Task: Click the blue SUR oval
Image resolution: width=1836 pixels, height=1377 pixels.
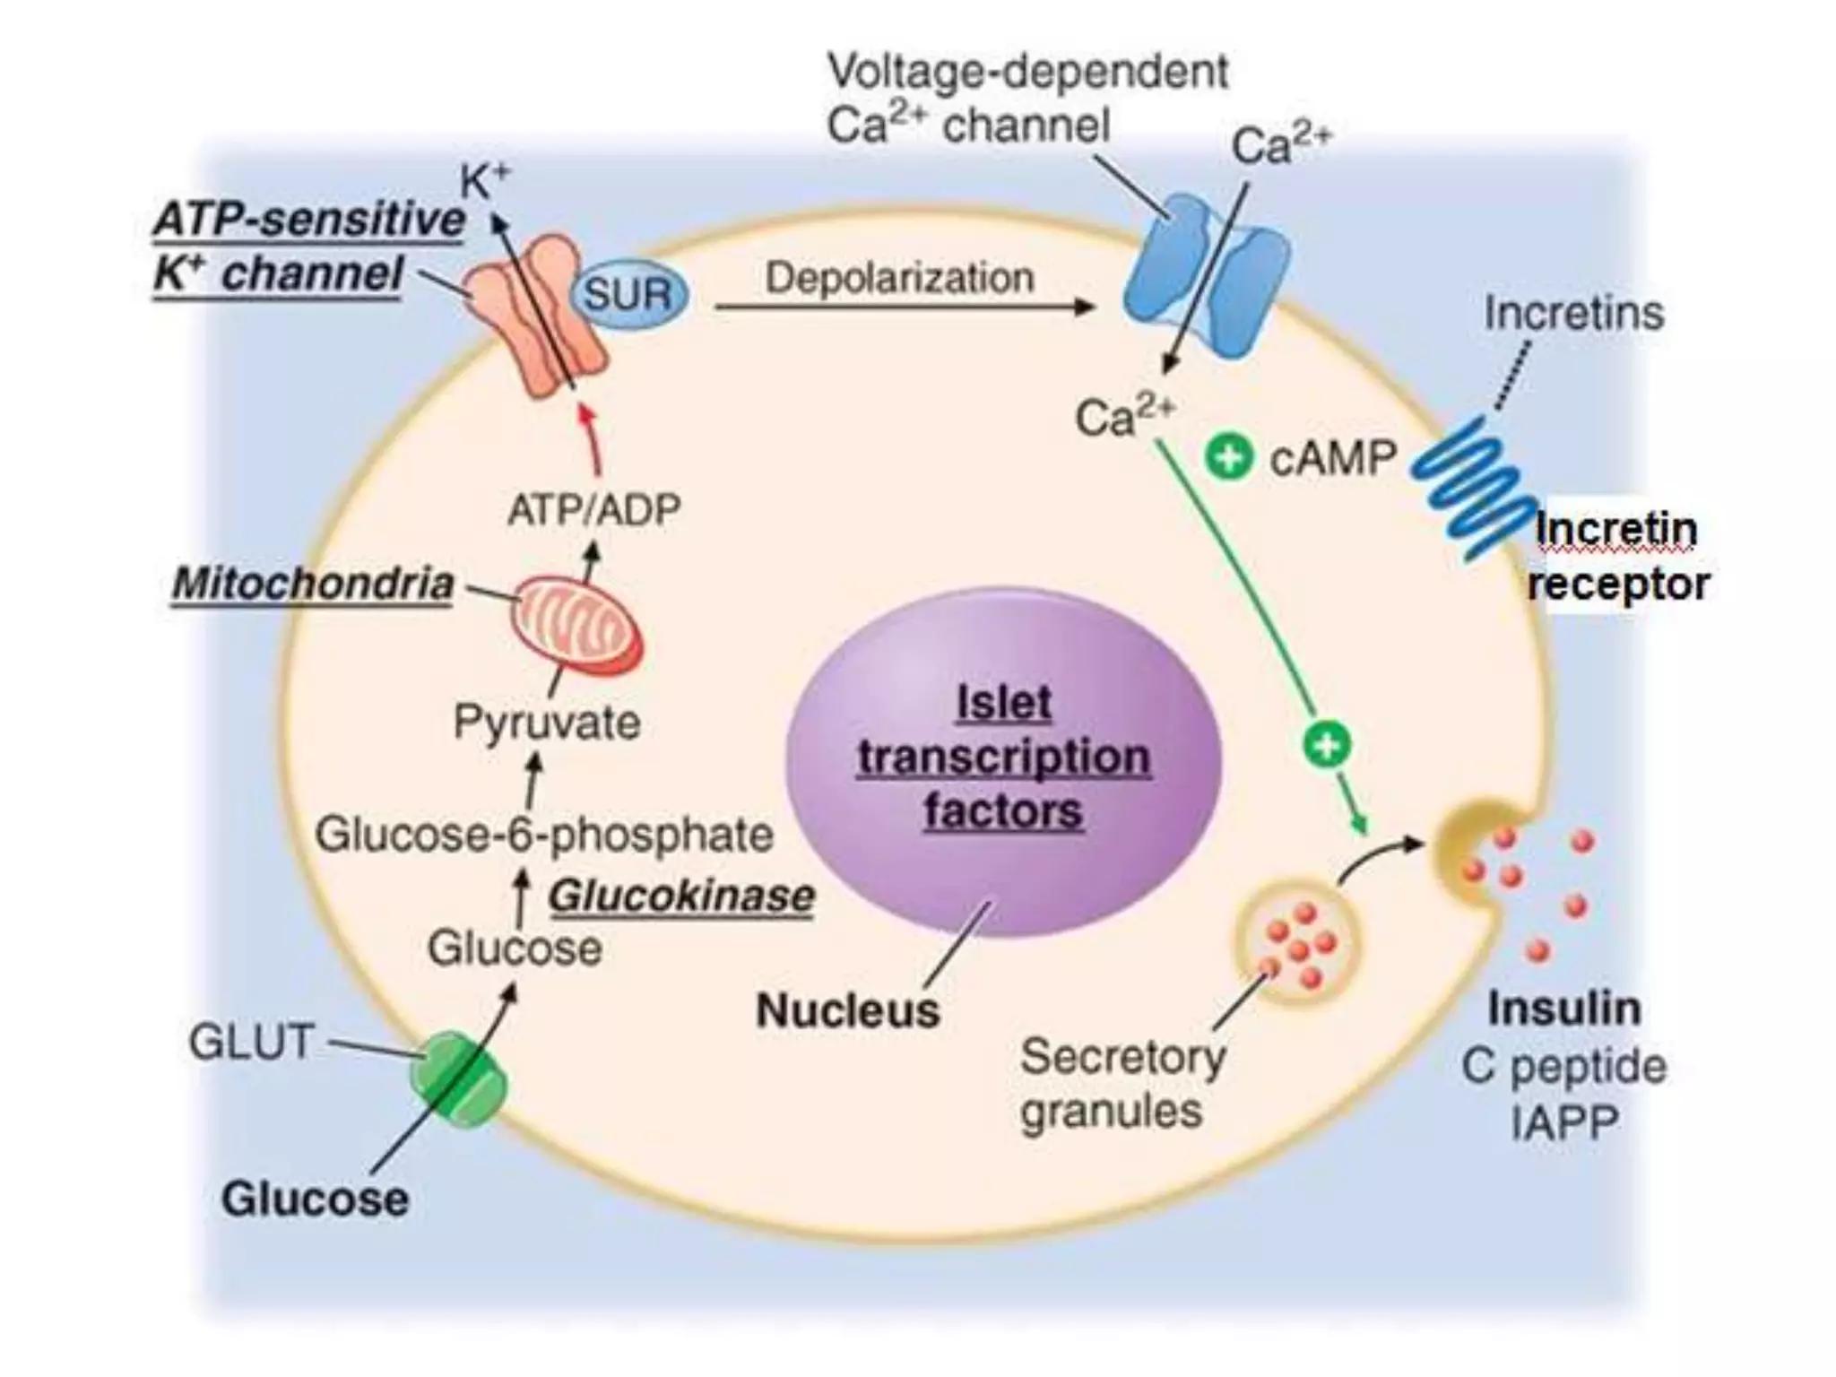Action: (629, 294)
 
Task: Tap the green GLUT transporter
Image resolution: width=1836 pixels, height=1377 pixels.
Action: (457, 1079)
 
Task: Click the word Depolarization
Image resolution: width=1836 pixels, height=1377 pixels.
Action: (899, 278)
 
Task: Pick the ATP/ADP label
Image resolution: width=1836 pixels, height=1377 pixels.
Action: (594, 510)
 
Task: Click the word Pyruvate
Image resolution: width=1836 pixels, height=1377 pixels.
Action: (547, 723)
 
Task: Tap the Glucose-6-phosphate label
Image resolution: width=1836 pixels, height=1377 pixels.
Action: (544, 836)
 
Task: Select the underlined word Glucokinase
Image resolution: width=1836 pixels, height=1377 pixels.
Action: (681, 896)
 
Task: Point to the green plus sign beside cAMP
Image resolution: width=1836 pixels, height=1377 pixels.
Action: (1228, 457)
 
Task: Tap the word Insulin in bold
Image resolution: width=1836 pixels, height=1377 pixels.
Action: (1564, 1009)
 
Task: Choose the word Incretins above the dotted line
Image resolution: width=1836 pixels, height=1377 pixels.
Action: (1573, 313)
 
